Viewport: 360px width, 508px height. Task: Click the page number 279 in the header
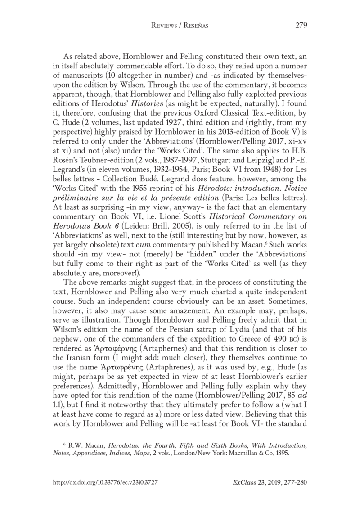tap(301, 25)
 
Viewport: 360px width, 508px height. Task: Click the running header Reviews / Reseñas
tap(180, 26)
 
